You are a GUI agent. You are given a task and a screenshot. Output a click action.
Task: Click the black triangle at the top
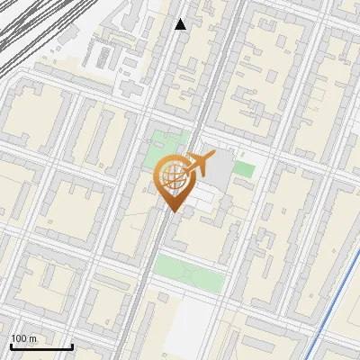(x=181, y=24)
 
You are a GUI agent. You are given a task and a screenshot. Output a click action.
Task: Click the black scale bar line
(x=41, y=346)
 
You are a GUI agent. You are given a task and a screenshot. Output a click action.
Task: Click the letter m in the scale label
(x=32, y=338)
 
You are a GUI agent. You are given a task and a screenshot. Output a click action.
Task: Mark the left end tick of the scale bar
(x=11, y=346)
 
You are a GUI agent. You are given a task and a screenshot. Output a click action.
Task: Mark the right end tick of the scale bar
(x=72, y=346)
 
